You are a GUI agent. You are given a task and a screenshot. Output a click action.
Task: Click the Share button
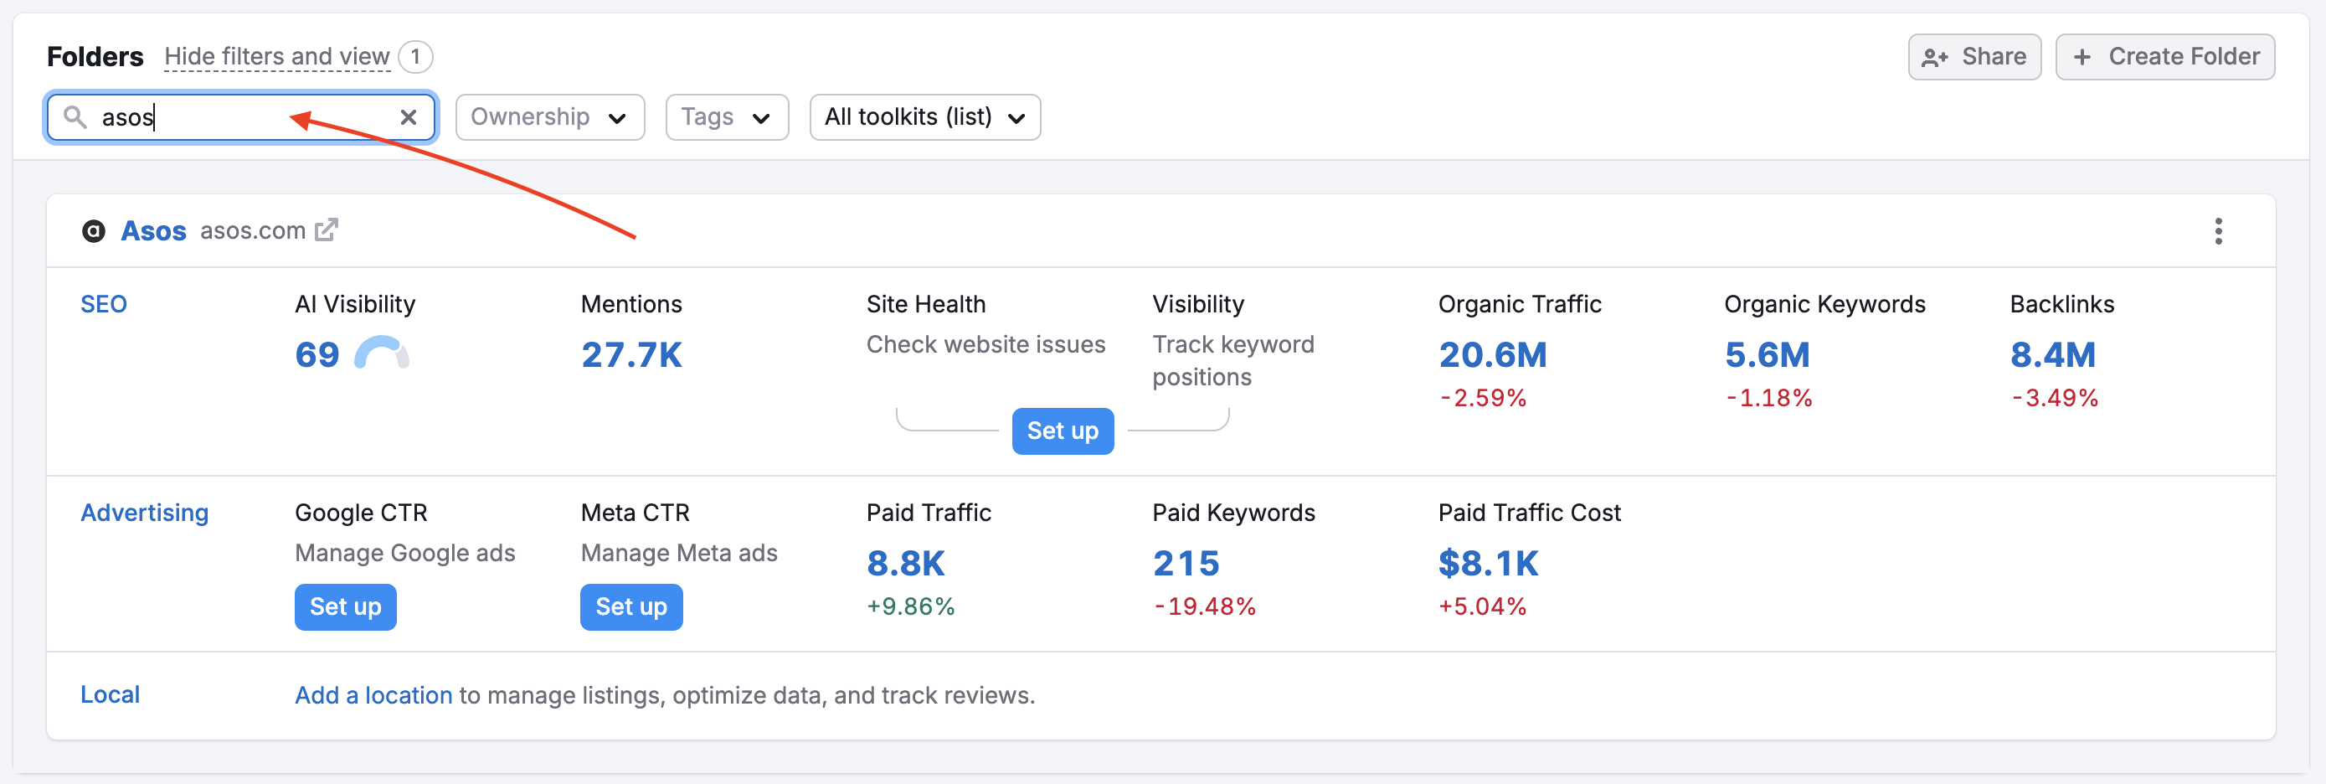pyautogui.click(x=1973, y=57)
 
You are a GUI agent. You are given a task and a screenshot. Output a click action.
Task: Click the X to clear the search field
pyautogui.click(x=408, y=117)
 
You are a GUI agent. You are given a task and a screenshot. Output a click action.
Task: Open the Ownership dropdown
pyautogui.click(x=549, y=117)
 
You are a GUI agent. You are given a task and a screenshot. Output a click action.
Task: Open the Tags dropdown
pyautogui.click(x=726, y=117)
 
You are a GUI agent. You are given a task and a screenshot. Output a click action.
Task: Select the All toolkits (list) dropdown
pyautogui.click(x=924, y=117)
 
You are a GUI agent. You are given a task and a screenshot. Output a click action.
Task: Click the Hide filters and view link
pyautogui.click(x=276, y=57)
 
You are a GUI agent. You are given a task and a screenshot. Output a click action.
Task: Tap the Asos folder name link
pyautogui.click(x=153, y=231)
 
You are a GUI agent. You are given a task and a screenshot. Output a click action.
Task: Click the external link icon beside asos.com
pyautogui.click(x=326, y=230)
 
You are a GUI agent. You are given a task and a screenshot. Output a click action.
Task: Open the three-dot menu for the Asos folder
pyautogui.click(x=2218, y=231)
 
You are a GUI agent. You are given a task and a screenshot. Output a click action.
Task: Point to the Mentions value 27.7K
pyautogui.click(x=631, y=355)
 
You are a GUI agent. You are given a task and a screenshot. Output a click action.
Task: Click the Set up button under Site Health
pyautogui.click(x=1062, y=431)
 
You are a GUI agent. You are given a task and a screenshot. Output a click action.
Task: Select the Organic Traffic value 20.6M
pyautogui.click(x=1492, y=355)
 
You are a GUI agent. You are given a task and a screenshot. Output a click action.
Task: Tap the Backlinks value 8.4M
pyautogui.click(x=2051, y=355)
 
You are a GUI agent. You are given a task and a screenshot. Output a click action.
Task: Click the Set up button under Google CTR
pyautogui.click(x=345, y=607)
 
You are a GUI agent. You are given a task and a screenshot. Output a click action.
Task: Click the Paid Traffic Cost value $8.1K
pyautogui.click(x=1487, y=564)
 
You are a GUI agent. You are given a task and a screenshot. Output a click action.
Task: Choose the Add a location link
pyautogui.click(x=373, y=695)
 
